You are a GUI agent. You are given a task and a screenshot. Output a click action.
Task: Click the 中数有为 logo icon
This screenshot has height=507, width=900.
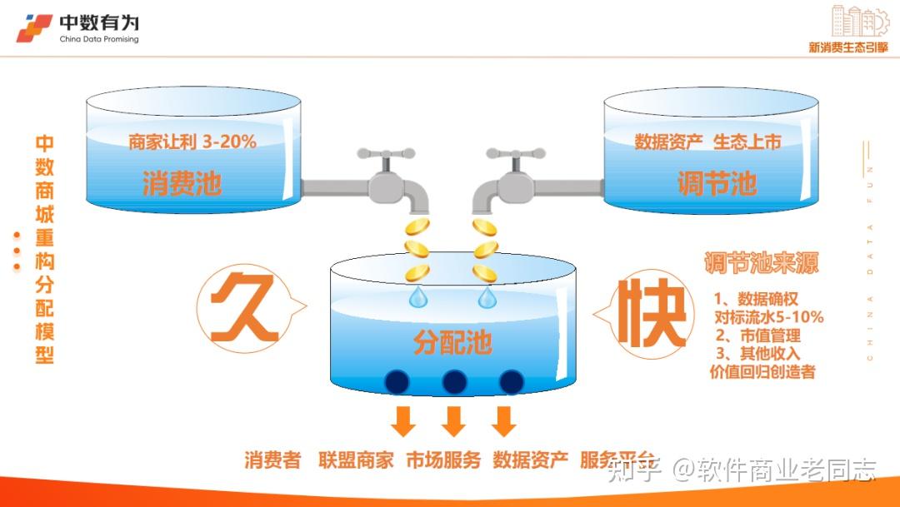pyautogui.click(x=34, y=28)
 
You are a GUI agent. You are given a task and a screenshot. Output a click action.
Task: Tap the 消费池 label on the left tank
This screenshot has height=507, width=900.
pyautogui.click(x=182, y=183)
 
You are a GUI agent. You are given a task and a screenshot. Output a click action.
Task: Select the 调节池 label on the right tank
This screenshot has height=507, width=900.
pyautogui.click(x=717, y=183)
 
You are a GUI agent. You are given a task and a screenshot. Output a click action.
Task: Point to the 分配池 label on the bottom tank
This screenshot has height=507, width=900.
pyautogui.click(x=452, y=341)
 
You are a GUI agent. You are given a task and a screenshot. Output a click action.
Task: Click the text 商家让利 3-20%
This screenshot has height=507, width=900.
pyautogui.click(x=192, y=142)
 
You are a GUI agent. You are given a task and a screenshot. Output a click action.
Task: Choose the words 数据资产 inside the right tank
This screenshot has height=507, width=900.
pyautogui.click(x=668, y=142)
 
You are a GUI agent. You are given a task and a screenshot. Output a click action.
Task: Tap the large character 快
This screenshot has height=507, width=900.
pyautogui.click(x=650, y=315)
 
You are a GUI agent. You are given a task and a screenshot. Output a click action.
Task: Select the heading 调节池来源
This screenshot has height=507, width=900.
pyautogui.click(x=761, y=264)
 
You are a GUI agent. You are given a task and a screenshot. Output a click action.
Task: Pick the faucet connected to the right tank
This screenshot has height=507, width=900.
pyautogui.click(x=508, y=178)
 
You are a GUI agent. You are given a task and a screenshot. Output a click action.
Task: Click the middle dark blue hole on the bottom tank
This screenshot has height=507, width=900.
pyautogui.click(x=453, y=382)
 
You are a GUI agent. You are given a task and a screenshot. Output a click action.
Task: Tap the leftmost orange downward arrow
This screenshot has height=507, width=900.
pyautogui.click(x=403, y=421)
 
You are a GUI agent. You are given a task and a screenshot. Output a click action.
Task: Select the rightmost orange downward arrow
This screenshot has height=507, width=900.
pyautogui.click(x=503, y=421)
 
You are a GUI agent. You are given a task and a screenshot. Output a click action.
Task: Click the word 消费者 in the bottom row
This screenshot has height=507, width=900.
pyautogui.click(x=272, y=460)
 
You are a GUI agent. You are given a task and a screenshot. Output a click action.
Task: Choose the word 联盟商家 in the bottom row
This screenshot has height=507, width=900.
pyautogui.click(x=356, y=460)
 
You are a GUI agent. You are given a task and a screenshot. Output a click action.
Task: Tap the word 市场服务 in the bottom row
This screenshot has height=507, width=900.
pyautogui.click(x=443, y=460)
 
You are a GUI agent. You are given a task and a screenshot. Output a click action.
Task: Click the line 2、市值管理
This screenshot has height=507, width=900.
pyautogui.click(x=757, y=336)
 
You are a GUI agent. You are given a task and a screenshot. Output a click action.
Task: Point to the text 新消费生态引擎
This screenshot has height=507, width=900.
pyautogui.click(x=848, y=47)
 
